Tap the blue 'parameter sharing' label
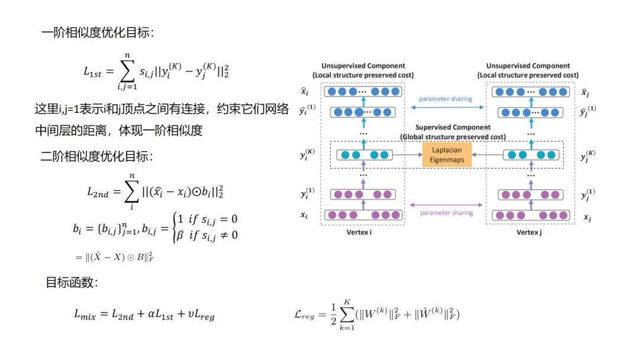point(445,99)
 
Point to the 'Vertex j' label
point(528,232)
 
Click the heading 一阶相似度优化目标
point(98,33)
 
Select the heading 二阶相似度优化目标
point(97,157)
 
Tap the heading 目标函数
point(72,282)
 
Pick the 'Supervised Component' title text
point(453,127)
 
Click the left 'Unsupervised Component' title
point(363,66)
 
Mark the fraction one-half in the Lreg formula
point(333,314)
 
